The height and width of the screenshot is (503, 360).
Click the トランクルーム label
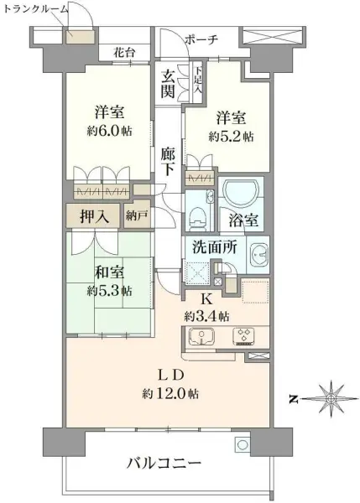tap(34, 8)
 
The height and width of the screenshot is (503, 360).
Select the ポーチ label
tap(201, 39)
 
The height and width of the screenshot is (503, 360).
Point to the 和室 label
tap(107, 274)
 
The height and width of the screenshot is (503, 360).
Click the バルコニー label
tap(164, 463)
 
